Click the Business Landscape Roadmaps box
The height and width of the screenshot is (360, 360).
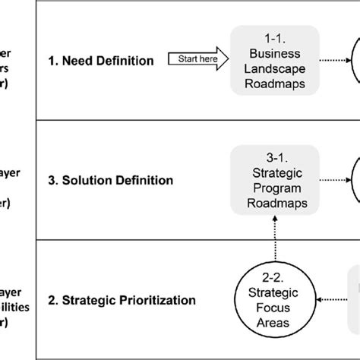point(274,58)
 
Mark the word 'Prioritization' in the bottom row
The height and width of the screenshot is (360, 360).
point(151,300)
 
